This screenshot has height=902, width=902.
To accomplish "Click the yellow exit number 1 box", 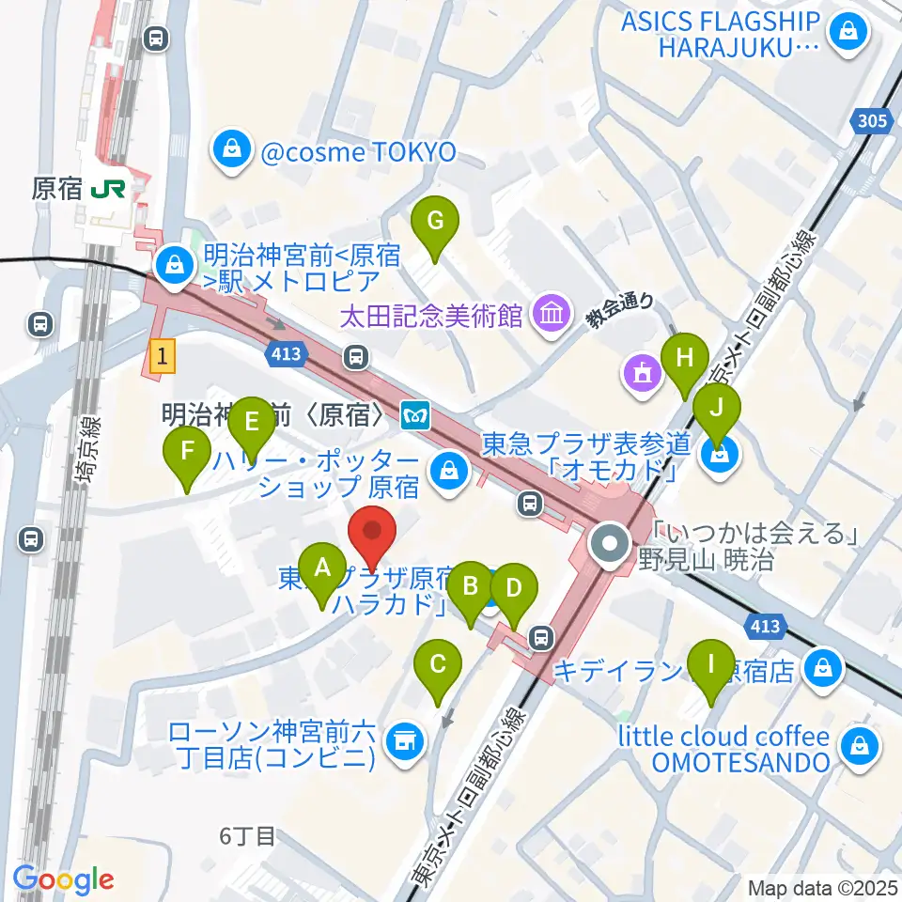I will click(163, 356).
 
